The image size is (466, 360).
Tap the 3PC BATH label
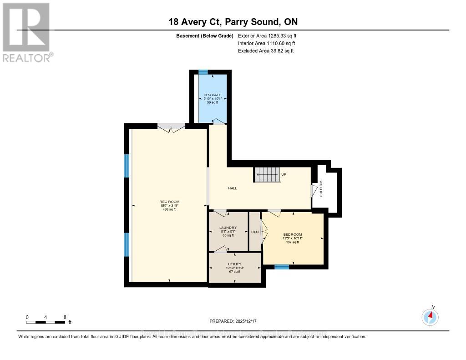(x=213, y=95)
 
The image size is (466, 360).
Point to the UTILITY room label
(x=234, y=264)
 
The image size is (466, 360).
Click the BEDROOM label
(x=293, y=234)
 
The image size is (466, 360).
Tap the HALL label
(x=233, y=188)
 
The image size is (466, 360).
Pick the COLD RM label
(x=321, y=188)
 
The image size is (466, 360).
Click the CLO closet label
(x=255, y=232)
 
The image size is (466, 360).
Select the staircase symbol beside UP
(x=265, y=174)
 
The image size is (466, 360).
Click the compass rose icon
(x=430, y=317)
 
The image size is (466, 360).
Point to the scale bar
(x=46, y=322)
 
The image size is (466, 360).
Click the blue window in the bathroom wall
(x=203, y=72)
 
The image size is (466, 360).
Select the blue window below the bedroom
(x=282, y=267)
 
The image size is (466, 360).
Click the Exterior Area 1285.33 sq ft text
(x=267, y=35)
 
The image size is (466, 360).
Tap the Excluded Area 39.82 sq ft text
(x=266, y=51)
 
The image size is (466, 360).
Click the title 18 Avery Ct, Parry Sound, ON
(x=233, y=22)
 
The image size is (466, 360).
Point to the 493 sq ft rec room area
(x=169, y=209)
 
